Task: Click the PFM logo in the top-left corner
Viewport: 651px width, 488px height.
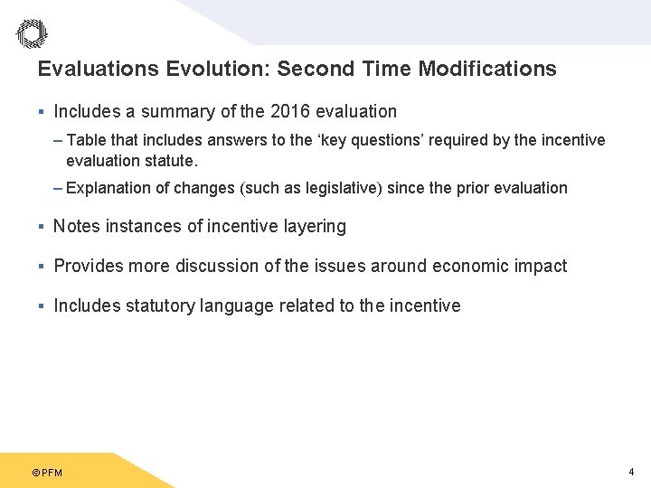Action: pyautogui.click(x=32, y=33)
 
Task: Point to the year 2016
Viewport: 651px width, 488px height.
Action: pyautogui.click(x=288, y=112)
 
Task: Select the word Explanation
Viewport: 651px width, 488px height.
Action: pyautogui.click(x=108, y=188)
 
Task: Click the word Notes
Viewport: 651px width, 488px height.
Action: pyautogui.click(x=77, y=227)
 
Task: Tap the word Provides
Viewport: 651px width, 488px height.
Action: pyautogui.click(x=87, y=267)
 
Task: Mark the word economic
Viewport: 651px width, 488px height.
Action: pyautogui.click(x=471, y=267)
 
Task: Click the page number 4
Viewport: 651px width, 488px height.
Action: pyautogui.click(x=630, y=472)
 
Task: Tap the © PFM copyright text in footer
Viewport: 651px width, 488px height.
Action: pyautogui.click(x=47, y=473)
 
